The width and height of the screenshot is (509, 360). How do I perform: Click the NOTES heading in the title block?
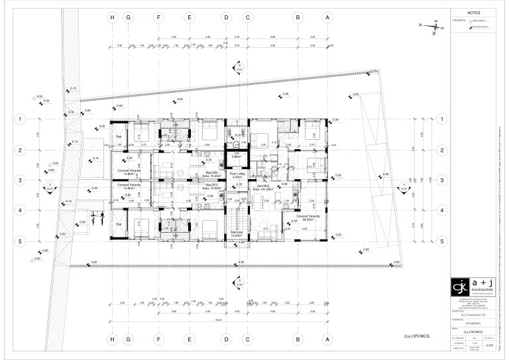473,13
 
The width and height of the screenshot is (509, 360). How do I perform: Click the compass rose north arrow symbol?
432,26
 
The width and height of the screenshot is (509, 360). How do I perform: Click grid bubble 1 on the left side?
21,120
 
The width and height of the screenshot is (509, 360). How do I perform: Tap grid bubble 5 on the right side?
441,242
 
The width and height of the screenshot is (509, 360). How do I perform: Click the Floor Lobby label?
237,176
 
